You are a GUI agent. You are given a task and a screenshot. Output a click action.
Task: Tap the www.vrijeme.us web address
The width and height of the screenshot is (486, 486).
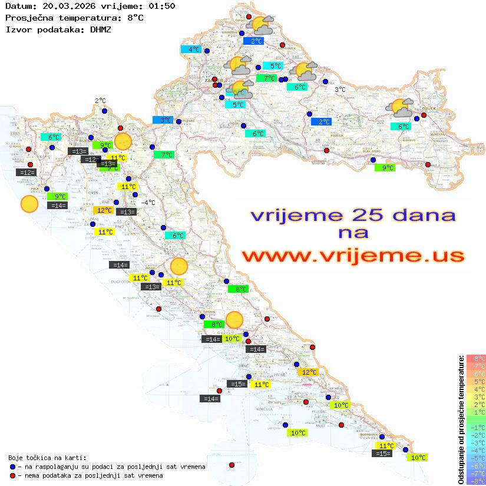(x=353, y=256)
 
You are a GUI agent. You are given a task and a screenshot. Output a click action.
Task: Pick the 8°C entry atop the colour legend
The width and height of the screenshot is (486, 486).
(x=476, y=358)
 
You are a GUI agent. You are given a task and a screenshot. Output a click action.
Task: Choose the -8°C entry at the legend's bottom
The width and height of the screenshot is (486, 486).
(x=476, y=481)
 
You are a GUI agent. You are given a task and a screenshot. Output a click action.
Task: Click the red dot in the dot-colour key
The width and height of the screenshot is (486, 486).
(x=13, y=475)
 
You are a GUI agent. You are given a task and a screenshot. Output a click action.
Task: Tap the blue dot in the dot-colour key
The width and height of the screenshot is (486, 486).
(x=13, y=467)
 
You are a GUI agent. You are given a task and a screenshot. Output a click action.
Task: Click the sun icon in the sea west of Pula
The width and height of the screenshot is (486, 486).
(x=29, y=204)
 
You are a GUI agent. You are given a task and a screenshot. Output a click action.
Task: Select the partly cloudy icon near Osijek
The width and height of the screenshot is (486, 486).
(x=400, y=108)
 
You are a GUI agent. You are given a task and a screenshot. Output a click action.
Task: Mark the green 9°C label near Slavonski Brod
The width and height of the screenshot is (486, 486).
(x=385, y=168)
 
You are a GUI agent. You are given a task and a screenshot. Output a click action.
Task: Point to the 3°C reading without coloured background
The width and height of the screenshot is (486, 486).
(x=340, y=90)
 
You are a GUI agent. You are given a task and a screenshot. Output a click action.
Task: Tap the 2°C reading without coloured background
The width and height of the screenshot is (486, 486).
(x=100, y=101)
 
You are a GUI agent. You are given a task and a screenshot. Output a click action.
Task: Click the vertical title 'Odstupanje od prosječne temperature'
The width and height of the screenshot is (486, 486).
(x=460, y=419)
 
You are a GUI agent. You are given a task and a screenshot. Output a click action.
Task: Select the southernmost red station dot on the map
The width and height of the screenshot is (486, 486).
(x=232, y=465)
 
